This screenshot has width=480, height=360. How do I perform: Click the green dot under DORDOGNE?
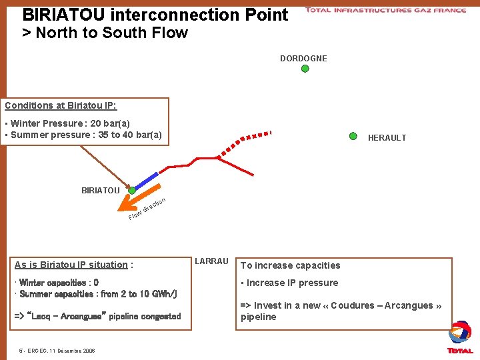point(305,68)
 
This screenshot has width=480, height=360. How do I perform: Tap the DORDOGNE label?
point(303,58)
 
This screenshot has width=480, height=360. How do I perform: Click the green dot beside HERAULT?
point(353,135)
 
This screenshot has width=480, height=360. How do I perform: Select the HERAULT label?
point(387,138)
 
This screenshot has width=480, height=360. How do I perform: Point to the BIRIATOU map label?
point(101,191)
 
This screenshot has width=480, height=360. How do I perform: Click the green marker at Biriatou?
point(132,190)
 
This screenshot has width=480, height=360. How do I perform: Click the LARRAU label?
point(211,261)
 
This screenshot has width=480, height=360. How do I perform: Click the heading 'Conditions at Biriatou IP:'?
point(61,105)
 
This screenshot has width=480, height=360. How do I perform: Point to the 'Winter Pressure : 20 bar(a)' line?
point(69,123)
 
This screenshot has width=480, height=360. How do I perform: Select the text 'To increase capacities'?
point(290,265)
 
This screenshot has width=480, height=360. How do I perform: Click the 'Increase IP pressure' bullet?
point(291,283)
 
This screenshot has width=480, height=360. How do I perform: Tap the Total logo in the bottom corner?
point(460,337)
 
